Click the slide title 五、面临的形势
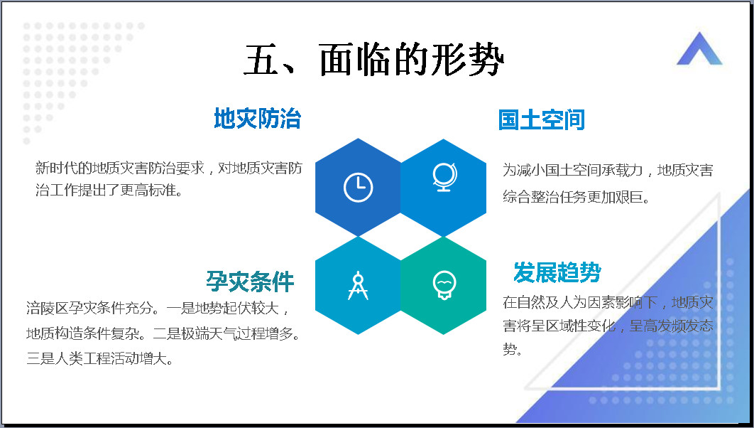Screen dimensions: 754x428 coord(373,60)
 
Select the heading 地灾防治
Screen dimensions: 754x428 coord(257,119)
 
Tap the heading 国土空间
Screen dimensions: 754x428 coord(542,120)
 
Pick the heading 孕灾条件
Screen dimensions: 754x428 coord(250,282)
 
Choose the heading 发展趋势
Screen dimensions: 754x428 coord(557,272)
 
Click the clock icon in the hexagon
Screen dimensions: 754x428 coord(359,187)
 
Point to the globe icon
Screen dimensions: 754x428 coord(444,177)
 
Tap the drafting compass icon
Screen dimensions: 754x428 coord(359,286)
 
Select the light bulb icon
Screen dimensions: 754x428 coord(444,285)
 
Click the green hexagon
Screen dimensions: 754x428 coord(443,286)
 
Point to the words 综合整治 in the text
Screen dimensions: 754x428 coord(531,196)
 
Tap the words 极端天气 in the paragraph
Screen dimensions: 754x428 coord(209,333)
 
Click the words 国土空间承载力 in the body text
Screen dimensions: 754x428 coord(594,170)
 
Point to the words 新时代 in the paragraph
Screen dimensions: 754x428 coord(56,168)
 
